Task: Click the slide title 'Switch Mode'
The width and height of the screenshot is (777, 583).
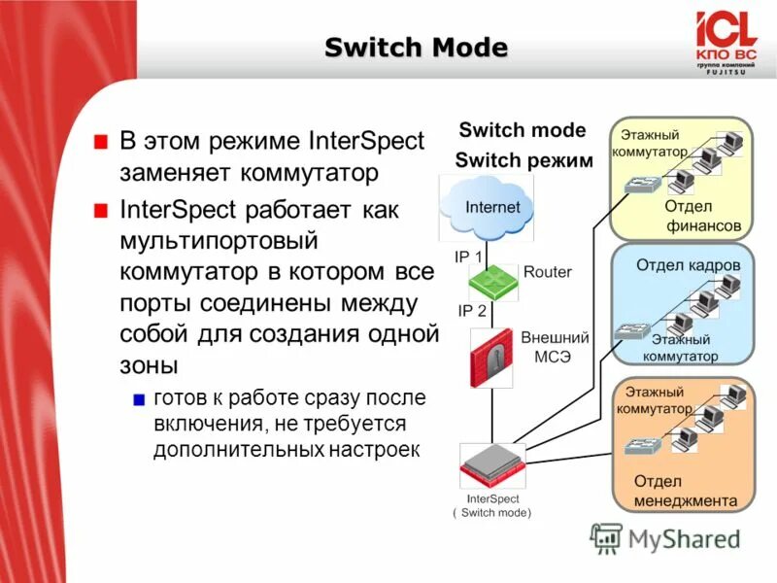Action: click(x=415, y=47)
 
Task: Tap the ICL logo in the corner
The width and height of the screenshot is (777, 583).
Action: click(x=725, y=40)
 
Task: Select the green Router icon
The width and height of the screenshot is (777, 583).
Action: click(x=494, y=281)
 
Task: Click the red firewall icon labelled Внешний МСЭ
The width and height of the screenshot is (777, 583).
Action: click(x=493, y=359)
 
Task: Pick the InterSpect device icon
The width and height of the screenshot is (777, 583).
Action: click(x=491, y=464)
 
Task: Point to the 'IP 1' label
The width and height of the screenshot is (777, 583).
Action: click(x=470, y=256)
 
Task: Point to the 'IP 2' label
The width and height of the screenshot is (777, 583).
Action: click(x=470, y=311)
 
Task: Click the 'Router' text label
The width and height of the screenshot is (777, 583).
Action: click(x=548, y=273)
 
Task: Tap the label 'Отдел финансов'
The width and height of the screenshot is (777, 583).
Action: click(x=702, y=216)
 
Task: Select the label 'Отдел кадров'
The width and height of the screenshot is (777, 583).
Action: click(x=688, y=265)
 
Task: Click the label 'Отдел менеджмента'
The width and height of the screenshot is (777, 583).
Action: click(x=685, y=491)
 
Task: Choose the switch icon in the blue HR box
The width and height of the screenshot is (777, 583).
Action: click(x=629, y=331)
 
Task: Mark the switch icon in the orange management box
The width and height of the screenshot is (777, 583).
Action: click(x=640, y=448)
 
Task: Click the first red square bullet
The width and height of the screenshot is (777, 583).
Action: click(x=100, y=142)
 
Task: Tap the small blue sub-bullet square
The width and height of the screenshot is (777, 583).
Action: click(x=139, y=400)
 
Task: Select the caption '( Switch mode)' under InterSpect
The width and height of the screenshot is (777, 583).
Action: click(x=492, y=512)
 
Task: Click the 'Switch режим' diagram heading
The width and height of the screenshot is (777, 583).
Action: click(x=524, y=161)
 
